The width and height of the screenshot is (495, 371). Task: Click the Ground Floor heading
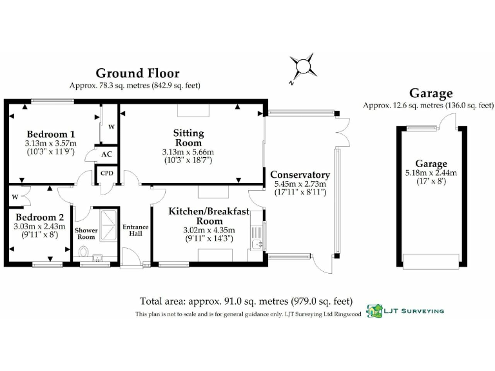(x=137, y=73)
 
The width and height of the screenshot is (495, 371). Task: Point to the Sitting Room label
(x=188, y=137)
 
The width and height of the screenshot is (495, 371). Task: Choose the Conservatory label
(x=300, y=175)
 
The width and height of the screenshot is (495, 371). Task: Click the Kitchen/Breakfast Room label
(x=209, y=216)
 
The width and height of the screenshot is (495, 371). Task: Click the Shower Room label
(x=86, y=233)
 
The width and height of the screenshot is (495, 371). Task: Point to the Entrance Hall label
(x=135, y=231)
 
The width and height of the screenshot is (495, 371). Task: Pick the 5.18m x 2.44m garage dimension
(x=431, y=173)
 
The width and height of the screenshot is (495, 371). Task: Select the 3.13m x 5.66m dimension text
(x=188, y=152)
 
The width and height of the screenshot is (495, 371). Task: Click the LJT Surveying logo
(x=374, y=311)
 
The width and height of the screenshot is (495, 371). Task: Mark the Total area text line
(x=247, y=301)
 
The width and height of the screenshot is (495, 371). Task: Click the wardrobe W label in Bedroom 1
(x=111, y=127)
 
